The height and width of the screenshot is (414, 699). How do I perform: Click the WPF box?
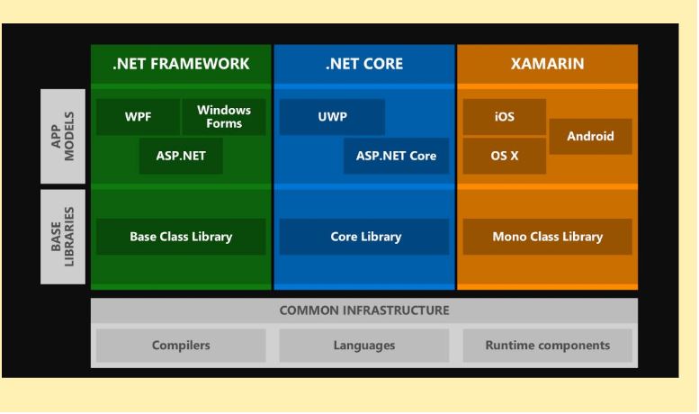tap(139, 117)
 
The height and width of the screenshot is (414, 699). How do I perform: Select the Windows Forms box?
tap(224, 117)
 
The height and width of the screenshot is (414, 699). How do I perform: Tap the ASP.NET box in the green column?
tap(181, 156)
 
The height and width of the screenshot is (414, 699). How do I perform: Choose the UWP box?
tap(332, 117)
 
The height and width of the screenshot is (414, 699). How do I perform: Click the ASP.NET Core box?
tap(397, 156)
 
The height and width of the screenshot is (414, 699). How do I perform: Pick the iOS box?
tap(505, 117)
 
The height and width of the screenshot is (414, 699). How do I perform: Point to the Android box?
tap(591, 137)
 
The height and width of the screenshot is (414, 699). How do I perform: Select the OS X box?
tap(505, 156)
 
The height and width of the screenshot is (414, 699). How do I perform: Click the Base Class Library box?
tap(181, 237)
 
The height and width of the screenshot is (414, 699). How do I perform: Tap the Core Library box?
tap(364, 237)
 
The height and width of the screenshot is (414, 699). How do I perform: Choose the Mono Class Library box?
tap(548, 237)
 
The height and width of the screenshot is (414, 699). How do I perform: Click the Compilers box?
tap(181, 346)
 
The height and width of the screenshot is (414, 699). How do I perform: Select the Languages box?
tap(364, 346)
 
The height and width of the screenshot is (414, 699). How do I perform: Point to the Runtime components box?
tap(548, 346)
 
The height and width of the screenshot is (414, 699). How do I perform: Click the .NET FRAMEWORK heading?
tap(181, 64)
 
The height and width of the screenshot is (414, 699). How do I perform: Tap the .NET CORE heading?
tap(364, 64)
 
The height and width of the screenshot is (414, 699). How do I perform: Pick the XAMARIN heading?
tap(548, 64)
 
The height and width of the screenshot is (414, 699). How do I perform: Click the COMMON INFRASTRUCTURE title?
tap(364, 310)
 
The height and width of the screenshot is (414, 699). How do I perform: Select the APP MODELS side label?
tap(63, 136)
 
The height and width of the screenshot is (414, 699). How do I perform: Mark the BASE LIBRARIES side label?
tap(63, 237)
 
